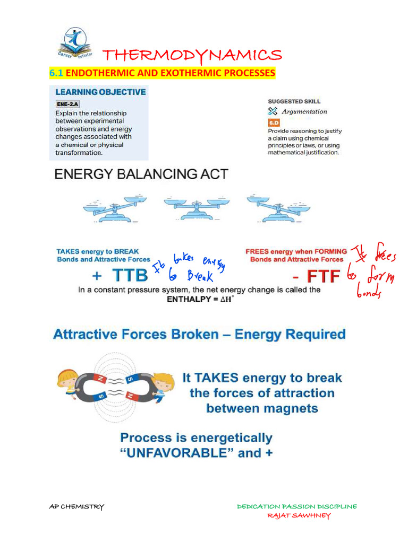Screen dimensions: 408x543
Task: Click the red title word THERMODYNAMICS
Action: [192, 55]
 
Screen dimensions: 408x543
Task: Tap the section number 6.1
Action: [56, 73]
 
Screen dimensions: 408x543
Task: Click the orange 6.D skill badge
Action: [274, 121]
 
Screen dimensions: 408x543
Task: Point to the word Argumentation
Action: [304, 111]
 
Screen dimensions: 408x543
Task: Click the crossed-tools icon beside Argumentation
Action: [273, 111]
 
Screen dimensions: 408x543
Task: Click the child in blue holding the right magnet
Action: [163, 389]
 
